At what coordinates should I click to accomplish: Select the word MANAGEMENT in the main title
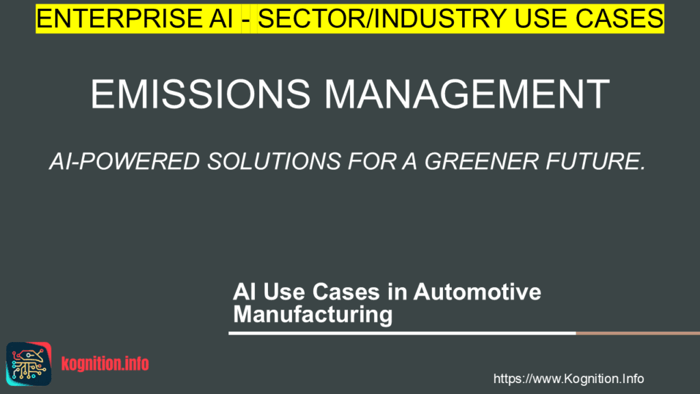click(x=472, y=95)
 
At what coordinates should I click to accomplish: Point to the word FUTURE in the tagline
click(x=594, y=161)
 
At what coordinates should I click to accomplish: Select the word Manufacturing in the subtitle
click(x=312, y=315)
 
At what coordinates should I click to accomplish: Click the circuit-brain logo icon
click(x=29, y=363)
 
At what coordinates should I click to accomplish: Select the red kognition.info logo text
click(x=105, y=364)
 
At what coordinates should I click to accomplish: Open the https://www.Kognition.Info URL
click(x=568, y=379)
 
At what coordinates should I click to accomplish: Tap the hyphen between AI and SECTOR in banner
click(x=250, y=18)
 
